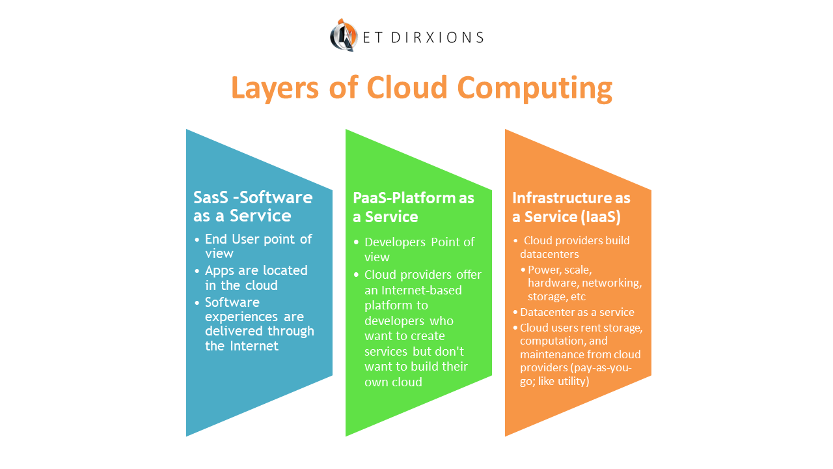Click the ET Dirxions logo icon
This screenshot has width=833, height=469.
[x=344, y=35]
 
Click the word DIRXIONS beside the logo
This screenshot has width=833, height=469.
[x=446, y=37]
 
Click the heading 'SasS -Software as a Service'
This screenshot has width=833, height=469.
[x=253, y=206]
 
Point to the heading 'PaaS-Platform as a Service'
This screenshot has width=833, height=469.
[x=413, y=206]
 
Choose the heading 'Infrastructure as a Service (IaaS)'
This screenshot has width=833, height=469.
[x=571, y=206]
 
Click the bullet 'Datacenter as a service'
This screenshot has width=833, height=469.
[x=577, y=312]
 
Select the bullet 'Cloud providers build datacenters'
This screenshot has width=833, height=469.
[x=574, y=247]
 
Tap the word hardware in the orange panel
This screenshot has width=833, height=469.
[x=552, y=283]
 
